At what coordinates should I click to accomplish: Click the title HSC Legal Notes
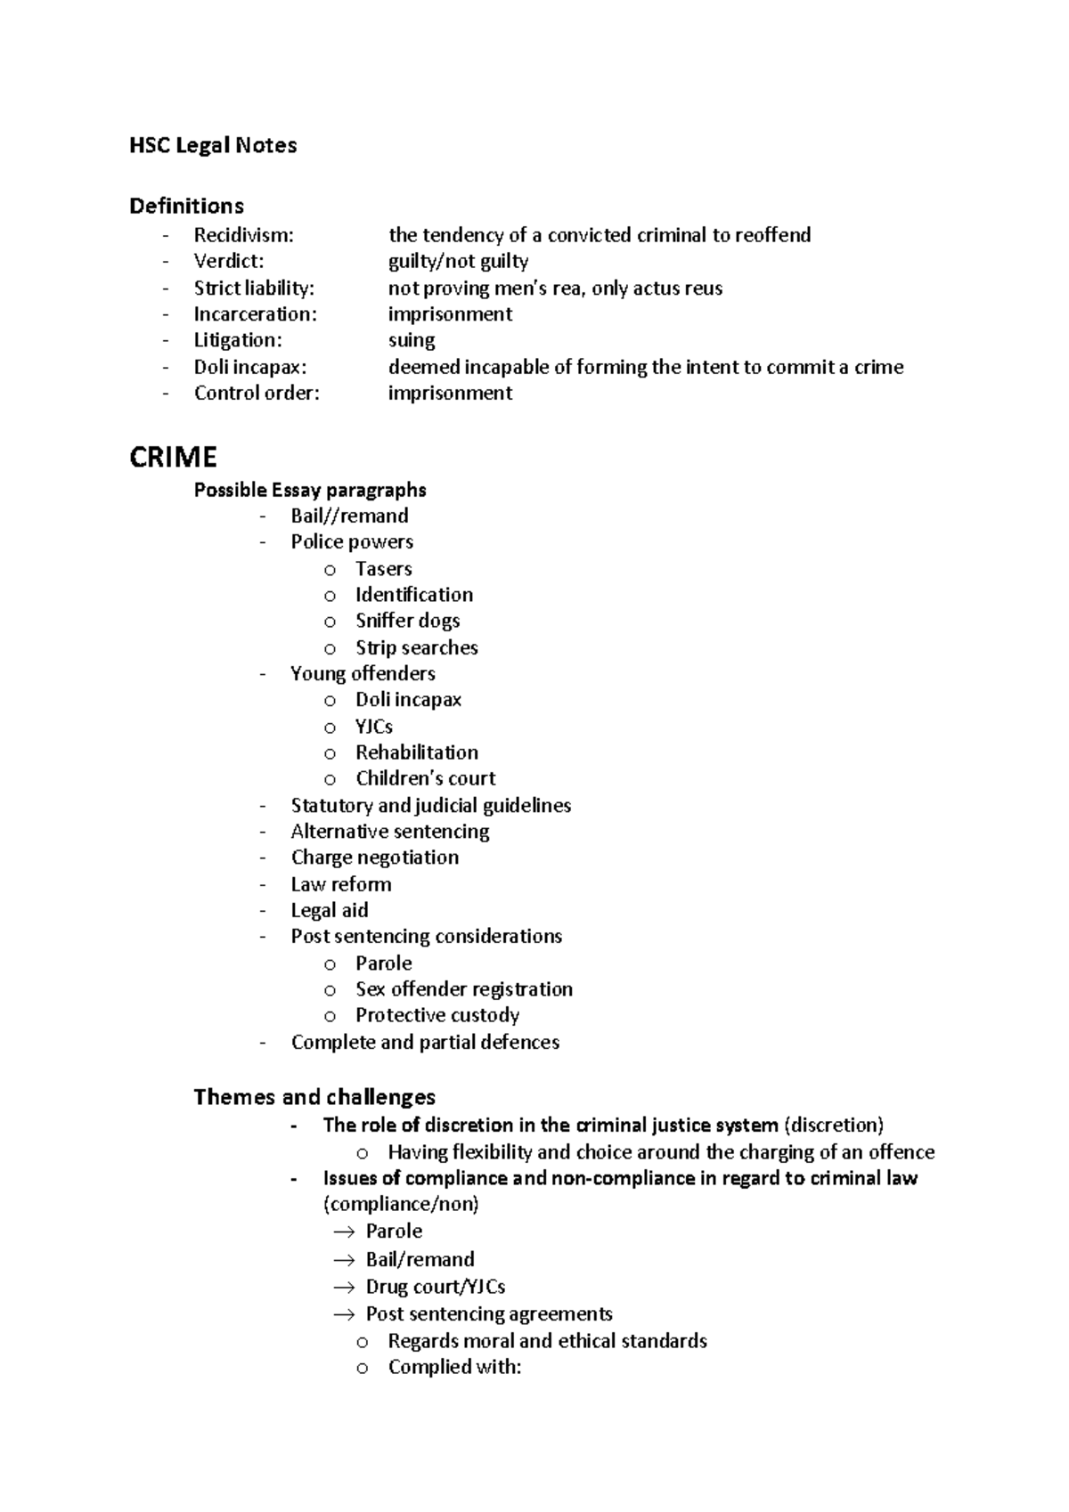tap(213, 145)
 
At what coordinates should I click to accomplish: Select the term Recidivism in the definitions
tap(243, 235)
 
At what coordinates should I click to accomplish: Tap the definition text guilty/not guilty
tap(458, 261)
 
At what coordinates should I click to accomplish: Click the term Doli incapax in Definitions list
tap(249, 367)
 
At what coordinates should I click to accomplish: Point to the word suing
tap(412, 340)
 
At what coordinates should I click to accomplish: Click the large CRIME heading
tap(173, 457)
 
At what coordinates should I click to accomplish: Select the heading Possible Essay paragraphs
tap(310, 490)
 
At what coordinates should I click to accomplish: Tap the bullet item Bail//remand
tap(349, 516)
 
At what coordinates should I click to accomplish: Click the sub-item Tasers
tap(383, 568)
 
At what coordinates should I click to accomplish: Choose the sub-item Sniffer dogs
tap(407, 621)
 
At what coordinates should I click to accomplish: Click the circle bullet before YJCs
tap(330, 728)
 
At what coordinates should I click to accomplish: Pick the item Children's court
tap(425, 778)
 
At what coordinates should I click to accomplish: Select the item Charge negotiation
tap(374, 858)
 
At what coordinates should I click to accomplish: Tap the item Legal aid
tap(329, 910)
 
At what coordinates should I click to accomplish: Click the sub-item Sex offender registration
tap(463, 989)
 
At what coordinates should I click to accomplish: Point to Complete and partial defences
tap(425, 1042)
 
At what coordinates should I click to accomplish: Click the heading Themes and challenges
tap(314, 1097)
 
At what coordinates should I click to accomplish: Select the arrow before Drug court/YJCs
tap(344, 1288)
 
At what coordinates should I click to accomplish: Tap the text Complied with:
tap(454, 1367)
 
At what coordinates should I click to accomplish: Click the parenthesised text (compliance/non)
tap(401, 1204)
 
